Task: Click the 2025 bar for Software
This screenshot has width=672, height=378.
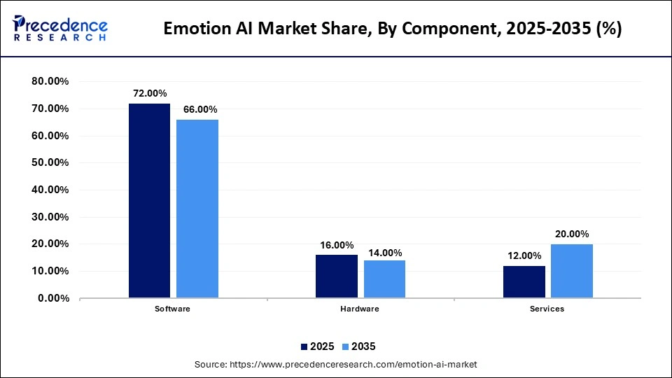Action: pos(149,201)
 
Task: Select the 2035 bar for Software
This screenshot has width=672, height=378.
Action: pos(197,209)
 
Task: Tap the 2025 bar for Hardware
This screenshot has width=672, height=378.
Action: pos(337,276)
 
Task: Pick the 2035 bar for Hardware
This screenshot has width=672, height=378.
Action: pos(384,279)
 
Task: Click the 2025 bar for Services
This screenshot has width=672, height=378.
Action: pos(524,282)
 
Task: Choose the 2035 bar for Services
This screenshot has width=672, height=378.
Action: pos(572,271)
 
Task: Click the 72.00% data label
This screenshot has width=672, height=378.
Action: pos(149,93)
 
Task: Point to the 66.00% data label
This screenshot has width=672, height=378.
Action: pos(199,109)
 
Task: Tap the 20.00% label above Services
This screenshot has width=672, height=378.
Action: pos(572,234)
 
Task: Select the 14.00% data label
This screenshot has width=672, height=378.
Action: pos(385,253)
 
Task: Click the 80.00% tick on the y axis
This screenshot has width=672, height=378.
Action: pos(50,81)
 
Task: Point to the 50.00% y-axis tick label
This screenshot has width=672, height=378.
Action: pos(50,162)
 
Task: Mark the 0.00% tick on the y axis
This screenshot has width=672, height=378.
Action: pos(53,298)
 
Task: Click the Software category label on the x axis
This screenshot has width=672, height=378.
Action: pos(173,309)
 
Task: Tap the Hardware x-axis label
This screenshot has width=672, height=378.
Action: pos(360,309)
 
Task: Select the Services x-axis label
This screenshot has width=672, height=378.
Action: pos(547,309)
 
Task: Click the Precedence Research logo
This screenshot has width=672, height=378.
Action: pos(60,28)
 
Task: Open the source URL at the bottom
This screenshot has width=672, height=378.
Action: pos(335,365)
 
